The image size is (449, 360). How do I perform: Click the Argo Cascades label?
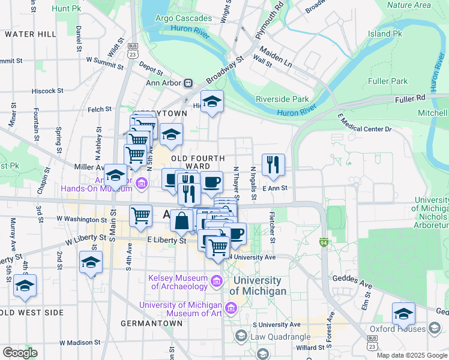coord(184,19)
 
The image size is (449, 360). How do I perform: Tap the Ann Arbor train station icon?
coord(188,83)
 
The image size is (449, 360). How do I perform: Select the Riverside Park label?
coord(282,99)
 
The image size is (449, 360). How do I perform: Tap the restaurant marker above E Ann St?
coord(273,164)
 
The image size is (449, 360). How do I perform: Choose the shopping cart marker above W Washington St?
coord(140,215)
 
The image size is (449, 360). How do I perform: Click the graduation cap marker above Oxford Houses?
coord(403,314)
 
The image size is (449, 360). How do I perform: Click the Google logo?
coord(20,353)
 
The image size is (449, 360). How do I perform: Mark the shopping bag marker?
coord(181,220)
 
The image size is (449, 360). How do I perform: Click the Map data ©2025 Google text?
coord(412,355)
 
